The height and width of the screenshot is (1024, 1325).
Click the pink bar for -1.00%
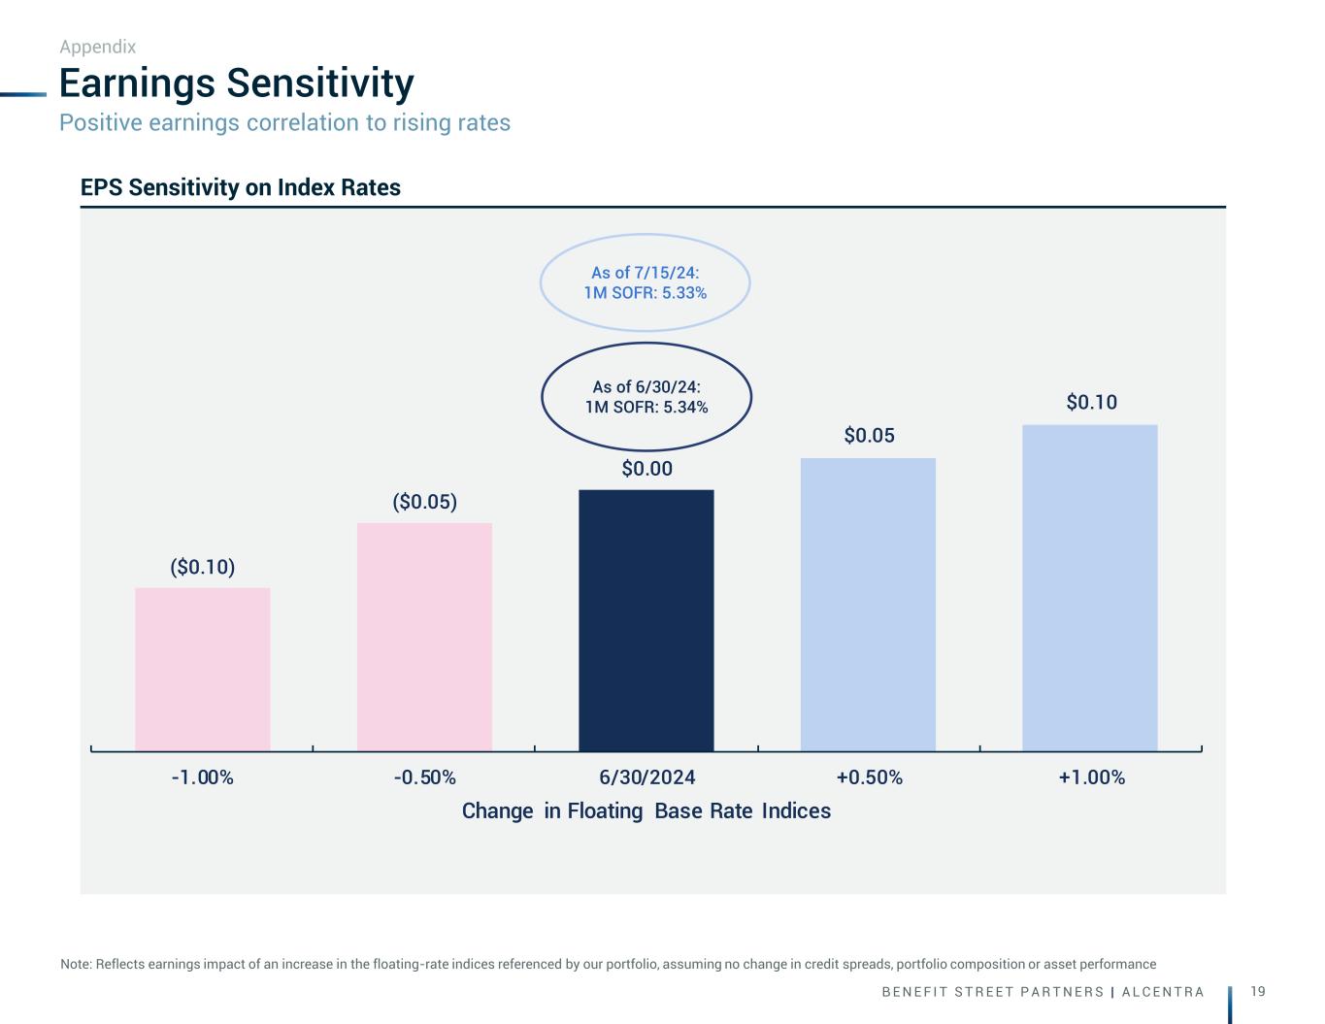coord(203,670)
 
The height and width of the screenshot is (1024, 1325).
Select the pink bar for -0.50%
coord(424,637)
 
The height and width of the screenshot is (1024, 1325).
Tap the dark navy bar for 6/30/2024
coord(646,620)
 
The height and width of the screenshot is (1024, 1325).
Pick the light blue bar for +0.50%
coord(869,605)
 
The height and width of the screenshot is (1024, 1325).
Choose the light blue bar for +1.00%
coord(1090,588)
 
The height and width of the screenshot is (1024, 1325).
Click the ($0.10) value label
coord(203,568)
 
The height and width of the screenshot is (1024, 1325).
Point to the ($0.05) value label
coord(424,502)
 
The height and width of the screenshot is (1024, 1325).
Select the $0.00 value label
coord(646,469)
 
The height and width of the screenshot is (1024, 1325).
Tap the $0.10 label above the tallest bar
coord(1091,402)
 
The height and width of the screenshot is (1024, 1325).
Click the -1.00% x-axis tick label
coord(203,777)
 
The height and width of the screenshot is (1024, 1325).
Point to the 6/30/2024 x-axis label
coord(646,777)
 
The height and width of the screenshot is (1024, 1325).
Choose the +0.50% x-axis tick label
coord(869,777)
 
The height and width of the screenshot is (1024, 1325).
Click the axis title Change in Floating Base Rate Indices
coord(646,811)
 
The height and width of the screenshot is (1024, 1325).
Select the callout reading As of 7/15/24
coord(646,235)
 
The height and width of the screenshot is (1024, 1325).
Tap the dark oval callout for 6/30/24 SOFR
coord(646,344)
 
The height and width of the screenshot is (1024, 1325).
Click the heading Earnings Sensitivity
coord(237,83)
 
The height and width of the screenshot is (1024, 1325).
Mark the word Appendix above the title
coord(98,47)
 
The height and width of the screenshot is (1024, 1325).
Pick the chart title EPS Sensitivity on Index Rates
coord(240,187)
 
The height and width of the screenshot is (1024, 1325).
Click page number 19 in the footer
coord(1258,992)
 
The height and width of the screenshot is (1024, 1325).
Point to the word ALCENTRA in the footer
coord(1163,992)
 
